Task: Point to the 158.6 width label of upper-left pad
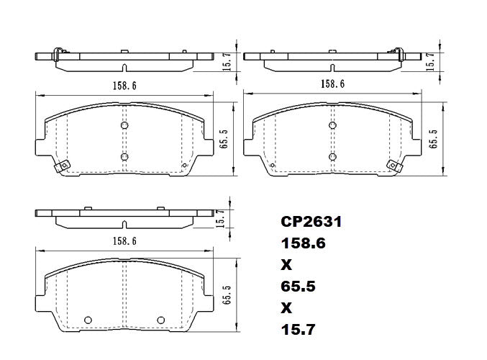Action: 124,85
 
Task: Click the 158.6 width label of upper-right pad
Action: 332,84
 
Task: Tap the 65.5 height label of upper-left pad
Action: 224,137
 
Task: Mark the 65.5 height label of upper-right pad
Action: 433,137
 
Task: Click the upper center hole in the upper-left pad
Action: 124,126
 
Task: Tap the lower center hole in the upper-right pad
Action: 332,156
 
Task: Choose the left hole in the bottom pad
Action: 89,320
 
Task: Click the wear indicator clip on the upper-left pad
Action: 63,166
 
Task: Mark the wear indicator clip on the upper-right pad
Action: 393,166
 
